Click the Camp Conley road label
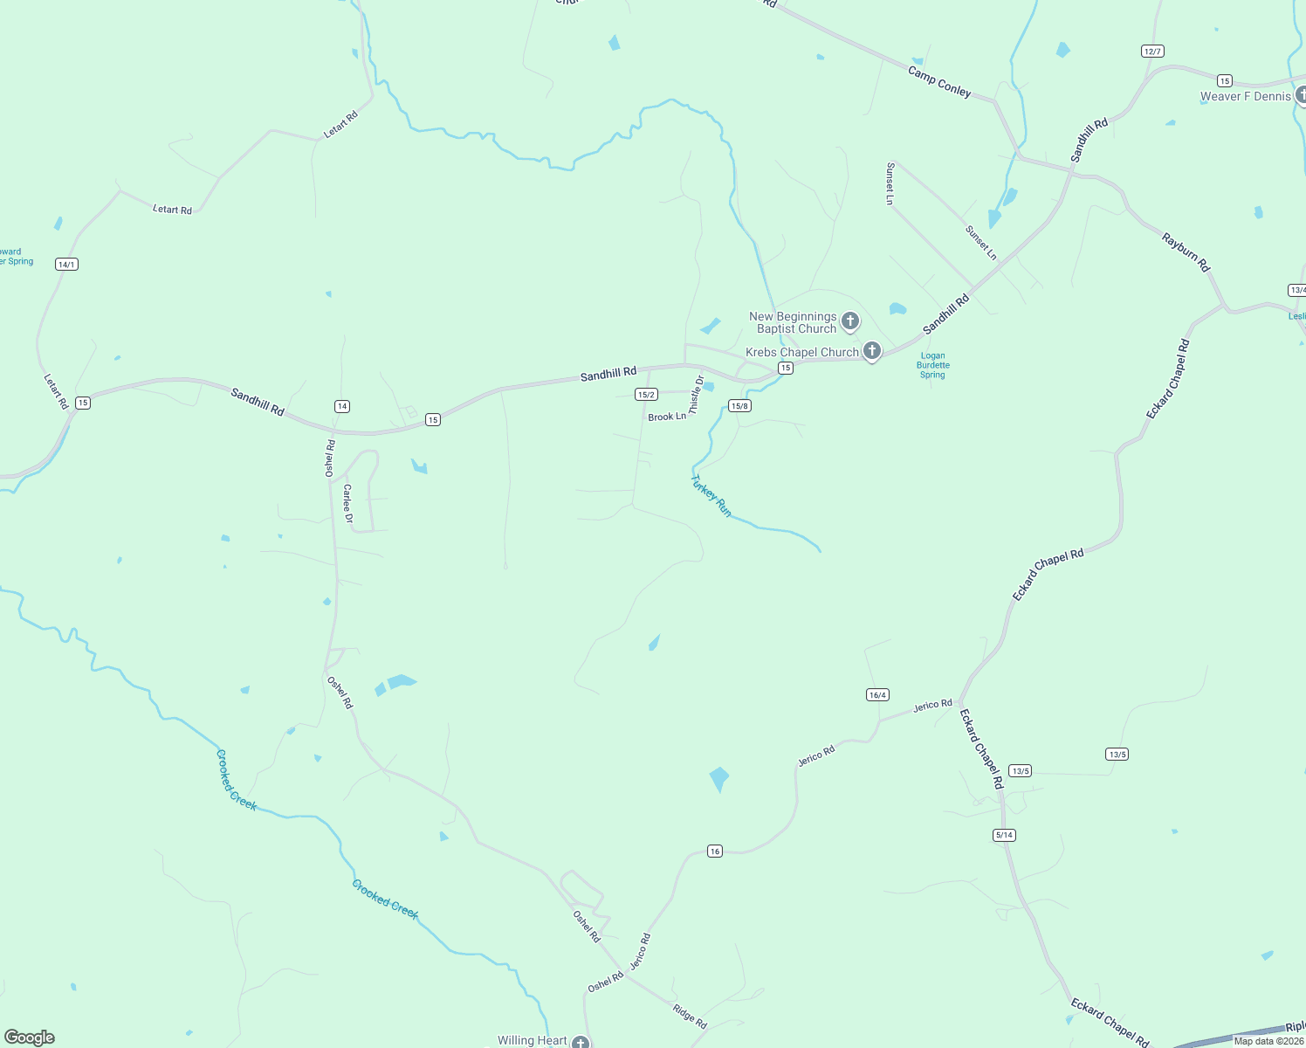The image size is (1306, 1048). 939,81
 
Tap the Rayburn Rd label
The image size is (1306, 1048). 1186,252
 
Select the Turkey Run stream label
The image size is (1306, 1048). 711,496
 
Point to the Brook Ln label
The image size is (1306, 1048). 667,417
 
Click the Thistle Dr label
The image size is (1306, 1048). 696,395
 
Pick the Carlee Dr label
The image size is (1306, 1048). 347,504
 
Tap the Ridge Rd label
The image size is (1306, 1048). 690,1017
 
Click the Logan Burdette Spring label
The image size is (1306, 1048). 932,365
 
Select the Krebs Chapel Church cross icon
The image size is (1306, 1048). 871,351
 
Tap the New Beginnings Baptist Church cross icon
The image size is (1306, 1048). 850,321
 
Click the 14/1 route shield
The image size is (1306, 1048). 66,264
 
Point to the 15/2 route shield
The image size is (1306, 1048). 646,395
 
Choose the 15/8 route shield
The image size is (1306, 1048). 739,406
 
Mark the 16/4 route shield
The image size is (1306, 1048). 877,695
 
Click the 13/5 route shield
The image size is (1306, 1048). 1117,754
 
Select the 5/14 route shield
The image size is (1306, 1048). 1004,835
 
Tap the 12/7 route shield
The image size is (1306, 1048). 1152,52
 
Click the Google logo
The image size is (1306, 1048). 30,1038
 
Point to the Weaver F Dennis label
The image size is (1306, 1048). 1245,96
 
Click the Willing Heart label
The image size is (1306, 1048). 533,1040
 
